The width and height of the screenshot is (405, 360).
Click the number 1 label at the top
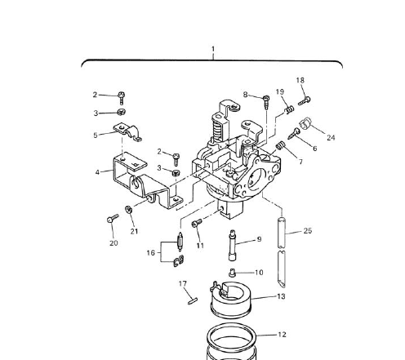pos(213,49)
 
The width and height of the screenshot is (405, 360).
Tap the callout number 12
pos(282,334)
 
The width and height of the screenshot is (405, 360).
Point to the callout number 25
pos(307,231)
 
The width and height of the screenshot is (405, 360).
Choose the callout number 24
pos(332,137)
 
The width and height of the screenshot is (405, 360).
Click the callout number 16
pos(150,253)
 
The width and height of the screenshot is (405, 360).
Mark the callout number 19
pos(279,92)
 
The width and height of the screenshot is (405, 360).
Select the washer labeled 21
pos(131,211)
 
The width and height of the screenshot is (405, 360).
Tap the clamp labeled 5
pos(129,131)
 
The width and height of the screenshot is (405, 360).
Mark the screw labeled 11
pos(196,224)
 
